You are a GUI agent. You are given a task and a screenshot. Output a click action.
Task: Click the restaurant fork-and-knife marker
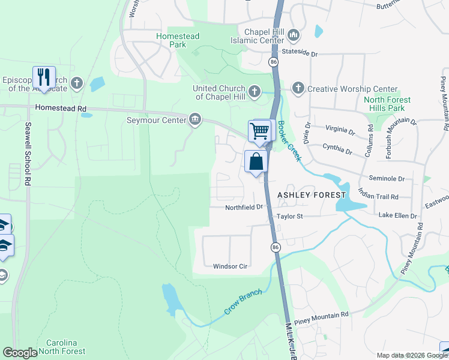44,77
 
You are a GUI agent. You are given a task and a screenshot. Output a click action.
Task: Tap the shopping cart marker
259,130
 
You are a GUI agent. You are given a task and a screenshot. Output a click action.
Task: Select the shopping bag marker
256,161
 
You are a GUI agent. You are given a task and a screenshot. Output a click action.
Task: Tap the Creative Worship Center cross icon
297,89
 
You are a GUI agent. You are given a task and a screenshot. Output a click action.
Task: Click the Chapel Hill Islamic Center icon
294,35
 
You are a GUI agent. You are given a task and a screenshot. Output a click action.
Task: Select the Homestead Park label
178,40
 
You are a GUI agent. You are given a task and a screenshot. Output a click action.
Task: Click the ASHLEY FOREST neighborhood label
312,195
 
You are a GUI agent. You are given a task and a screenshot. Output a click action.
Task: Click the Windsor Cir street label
231,266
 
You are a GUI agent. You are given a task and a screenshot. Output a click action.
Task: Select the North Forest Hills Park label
387,104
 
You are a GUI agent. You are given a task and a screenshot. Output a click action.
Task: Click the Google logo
20,353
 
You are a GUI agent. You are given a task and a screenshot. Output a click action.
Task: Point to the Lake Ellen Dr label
397,215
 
